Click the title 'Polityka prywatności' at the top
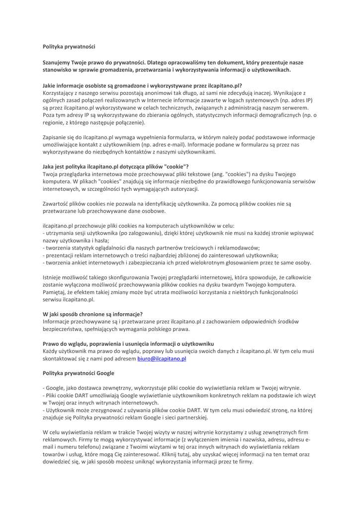69,46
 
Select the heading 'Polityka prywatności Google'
79,372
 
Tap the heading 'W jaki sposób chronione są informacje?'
93,314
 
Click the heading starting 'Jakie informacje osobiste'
142,85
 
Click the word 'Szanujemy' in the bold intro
57,63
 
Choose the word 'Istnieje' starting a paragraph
53,277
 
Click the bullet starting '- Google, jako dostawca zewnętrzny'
175,388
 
